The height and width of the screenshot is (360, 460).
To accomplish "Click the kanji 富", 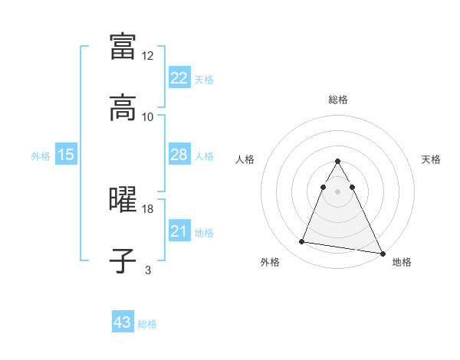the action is pos(123,45).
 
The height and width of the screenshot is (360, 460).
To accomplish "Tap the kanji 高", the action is pos(123,108).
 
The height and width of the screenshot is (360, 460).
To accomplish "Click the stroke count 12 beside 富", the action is pos(148,55).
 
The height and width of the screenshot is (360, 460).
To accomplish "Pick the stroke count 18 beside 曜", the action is pos(148,208).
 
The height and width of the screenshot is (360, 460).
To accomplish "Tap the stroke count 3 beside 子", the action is pos(148,270).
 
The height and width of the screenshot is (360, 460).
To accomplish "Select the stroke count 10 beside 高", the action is pos(148,116).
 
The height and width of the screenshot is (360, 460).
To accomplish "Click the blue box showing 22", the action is pos(179,78).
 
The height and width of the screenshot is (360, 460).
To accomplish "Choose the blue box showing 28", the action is pos(179,155).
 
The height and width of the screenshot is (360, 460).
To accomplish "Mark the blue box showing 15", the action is pos(66,155).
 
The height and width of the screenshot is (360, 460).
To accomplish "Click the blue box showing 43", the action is pos(123,322).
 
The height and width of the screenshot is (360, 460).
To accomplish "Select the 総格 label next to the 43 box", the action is pos(147,324).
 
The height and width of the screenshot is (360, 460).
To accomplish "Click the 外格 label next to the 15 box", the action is pos(41,156).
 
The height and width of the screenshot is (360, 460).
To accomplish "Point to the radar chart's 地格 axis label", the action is pos(402,263).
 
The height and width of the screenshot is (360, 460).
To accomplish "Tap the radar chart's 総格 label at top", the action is pos(338,100).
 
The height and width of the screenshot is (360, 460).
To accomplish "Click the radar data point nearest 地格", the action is pos(382,254).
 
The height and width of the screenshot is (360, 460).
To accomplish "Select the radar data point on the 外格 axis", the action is pos(301,242).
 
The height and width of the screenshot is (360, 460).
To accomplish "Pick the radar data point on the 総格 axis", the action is pos(337,162).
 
